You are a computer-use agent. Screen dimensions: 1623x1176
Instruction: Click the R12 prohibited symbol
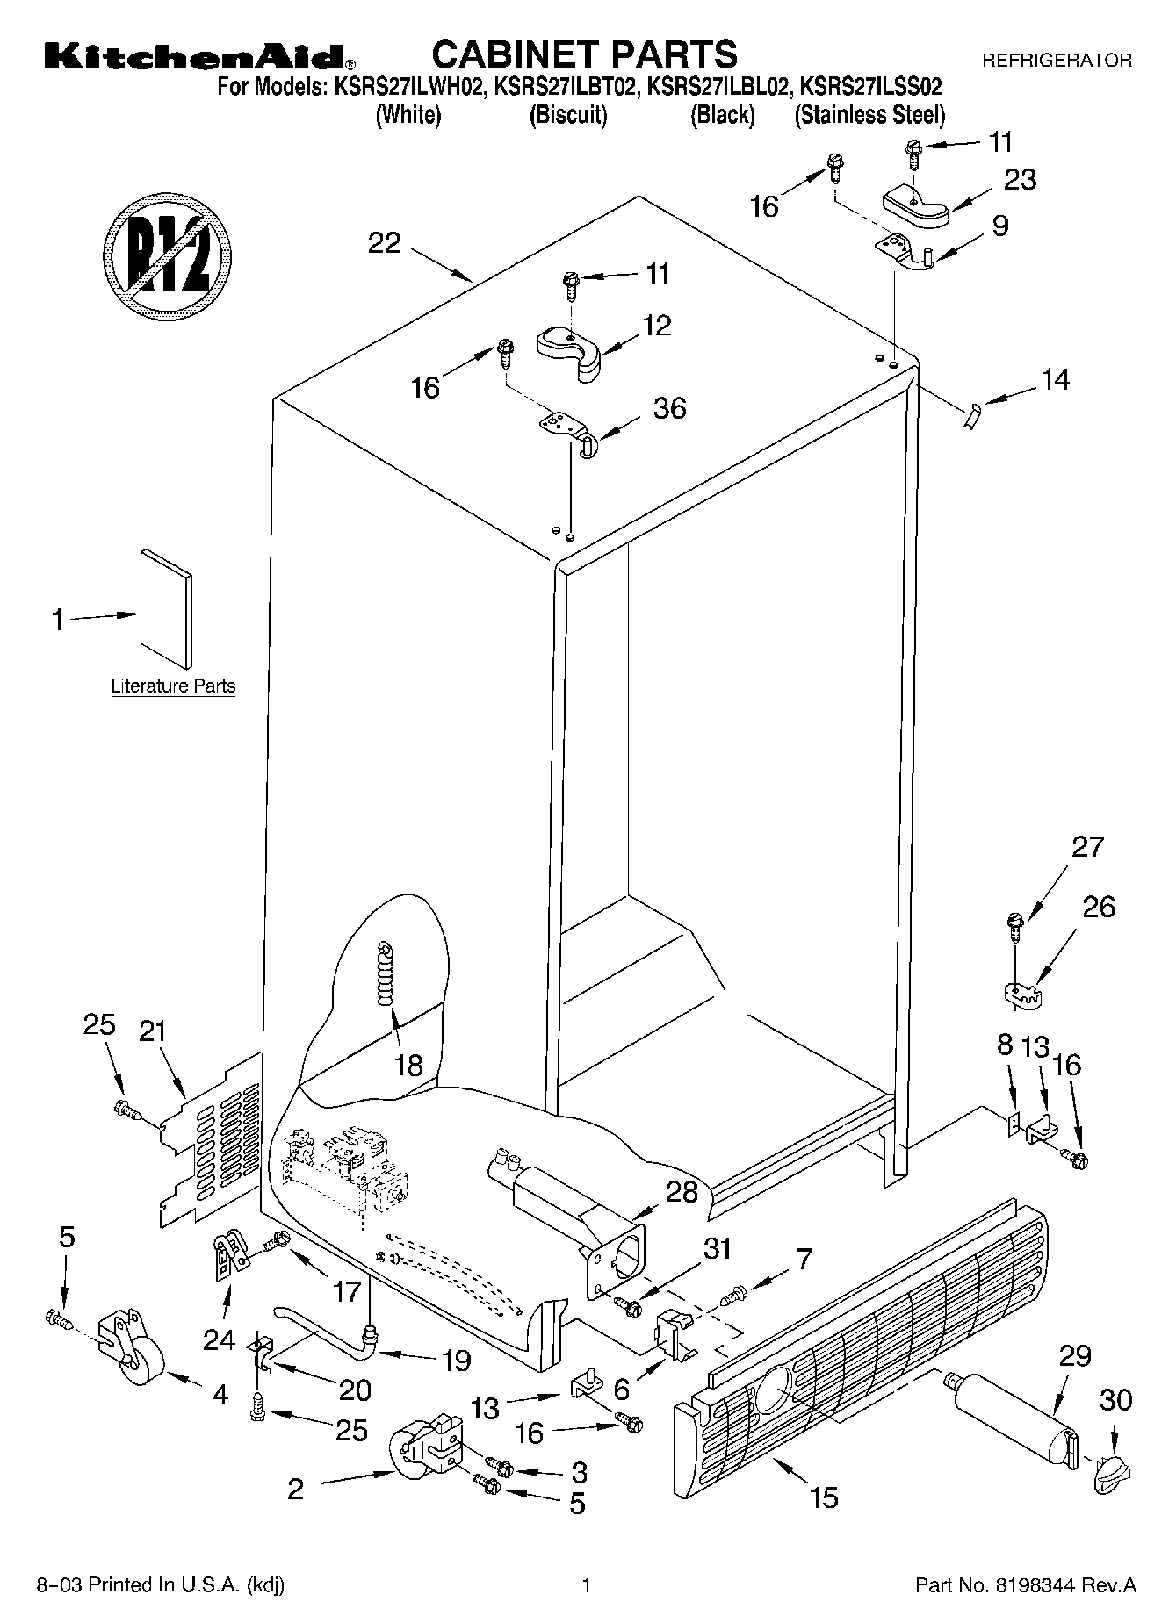click(167, 253)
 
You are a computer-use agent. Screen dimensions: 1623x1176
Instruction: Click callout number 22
click(385, 243)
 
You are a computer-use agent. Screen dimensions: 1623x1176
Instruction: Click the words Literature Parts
click(173, 686)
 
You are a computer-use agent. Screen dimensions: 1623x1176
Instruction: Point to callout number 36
click(669, 408)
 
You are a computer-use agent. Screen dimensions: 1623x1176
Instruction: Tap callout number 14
click(1055, 379)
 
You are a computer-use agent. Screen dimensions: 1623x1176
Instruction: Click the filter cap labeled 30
click(1110, 1472)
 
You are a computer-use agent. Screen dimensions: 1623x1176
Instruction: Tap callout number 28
click(682, 1192)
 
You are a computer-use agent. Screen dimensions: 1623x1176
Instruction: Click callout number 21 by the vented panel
click(153, 1031)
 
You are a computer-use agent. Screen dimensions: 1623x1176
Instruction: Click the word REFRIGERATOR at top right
click(1057, 61)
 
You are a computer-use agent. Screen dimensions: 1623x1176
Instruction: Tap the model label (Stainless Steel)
click(869, 115)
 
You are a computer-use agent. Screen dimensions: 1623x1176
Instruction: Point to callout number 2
click(296, 1489)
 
